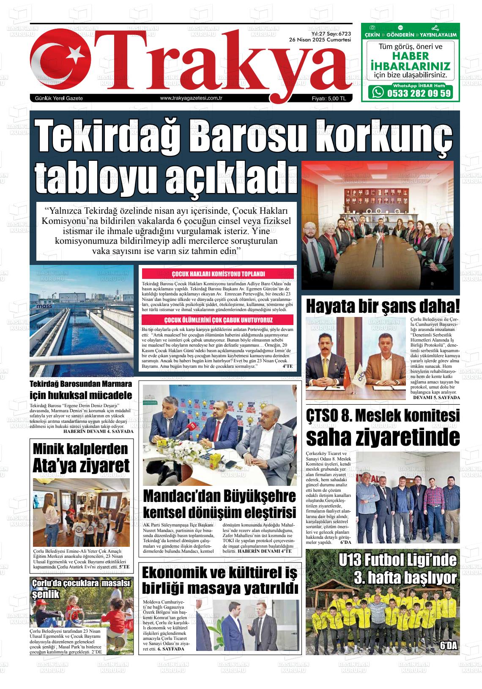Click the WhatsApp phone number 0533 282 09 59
(419, 93)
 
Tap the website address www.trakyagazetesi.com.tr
(192, 98)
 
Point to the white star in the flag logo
(75, 54)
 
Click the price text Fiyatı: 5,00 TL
(329, 99)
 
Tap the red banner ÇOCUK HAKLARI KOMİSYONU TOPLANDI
(218, 274)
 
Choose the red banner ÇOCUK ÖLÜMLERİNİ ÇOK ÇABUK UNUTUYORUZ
(218, 320)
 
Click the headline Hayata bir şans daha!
(382, 306)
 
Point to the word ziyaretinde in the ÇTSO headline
(382, 437)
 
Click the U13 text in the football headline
(352, 561)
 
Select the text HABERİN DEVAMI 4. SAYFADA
(98, 431)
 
